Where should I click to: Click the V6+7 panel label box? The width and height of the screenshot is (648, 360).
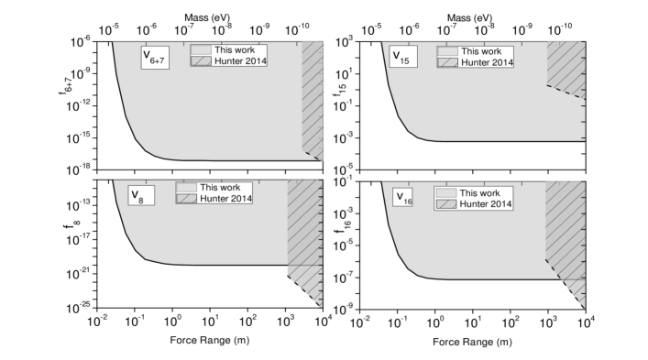click(x=154, y=57)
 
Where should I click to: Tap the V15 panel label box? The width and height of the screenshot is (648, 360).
click(x=401, y=57)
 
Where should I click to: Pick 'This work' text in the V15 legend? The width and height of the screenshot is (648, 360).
click(x=481, y=51)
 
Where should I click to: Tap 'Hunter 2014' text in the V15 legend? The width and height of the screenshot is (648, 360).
click(x=487, y=62)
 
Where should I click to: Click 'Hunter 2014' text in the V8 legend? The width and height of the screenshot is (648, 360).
click(x=225, y=198)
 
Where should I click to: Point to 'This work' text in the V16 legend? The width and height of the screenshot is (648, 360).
click(x=479, y=192)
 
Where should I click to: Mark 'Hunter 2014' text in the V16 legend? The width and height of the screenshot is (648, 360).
click(x=485, y=204)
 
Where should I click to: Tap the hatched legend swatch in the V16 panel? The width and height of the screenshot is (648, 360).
click(x=446, y=204)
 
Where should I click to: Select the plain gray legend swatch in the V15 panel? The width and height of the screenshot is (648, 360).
click(x=447, y=51)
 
